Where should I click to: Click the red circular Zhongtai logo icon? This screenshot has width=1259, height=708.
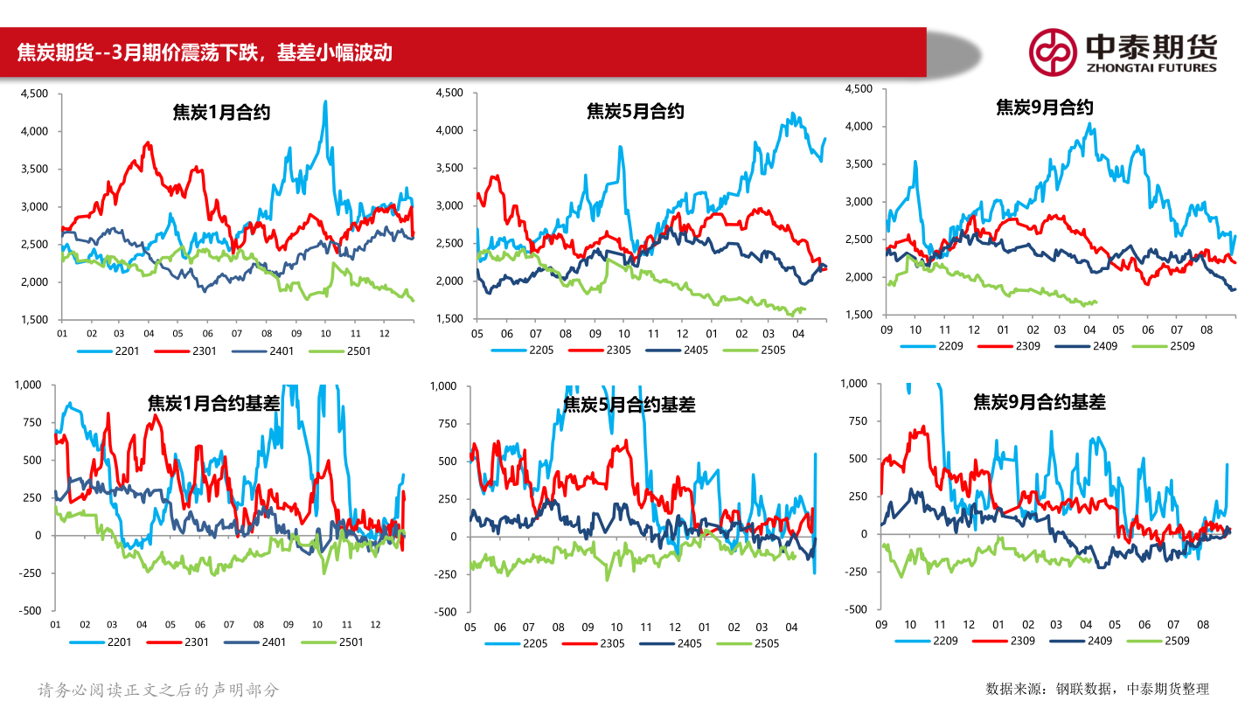click(x=1052, y=52)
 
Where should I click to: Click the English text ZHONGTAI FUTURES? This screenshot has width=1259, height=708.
click(x=1151, y=67)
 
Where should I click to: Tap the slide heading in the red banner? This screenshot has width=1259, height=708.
click(x=205, y=53)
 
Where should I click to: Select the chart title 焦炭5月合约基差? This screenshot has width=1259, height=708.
click(x=629, y=405)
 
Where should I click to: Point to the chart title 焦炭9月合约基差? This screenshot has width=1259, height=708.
click(x=1040, y=402)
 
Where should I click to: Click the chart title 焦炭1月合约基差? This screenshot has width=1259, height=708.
click(x=213, y=403)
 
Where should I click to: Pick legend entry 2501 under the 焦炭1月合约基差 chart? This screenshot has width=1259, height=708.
click(x=349, y=642)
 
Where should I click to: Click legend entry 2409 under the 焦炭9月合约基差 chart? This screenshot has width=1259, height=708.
click(x=1098, y=641)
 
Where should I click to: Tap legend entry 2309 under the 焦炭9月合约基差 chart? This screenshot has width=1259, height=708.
click(x=1021, y=641)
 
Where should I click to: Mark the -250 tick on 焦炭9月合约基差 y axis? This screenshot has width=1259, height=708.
click(x=856, y=572)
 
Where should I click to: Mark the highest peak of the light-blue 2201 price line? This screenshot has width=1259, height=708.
click(x=325, y=101)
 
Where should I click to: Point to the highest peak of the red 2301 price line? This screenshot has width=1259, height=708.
click(x=148, y=142)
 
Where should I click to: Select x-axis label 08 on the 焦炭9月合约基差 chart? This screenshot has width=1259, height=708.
click(x=1203, y=625)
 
